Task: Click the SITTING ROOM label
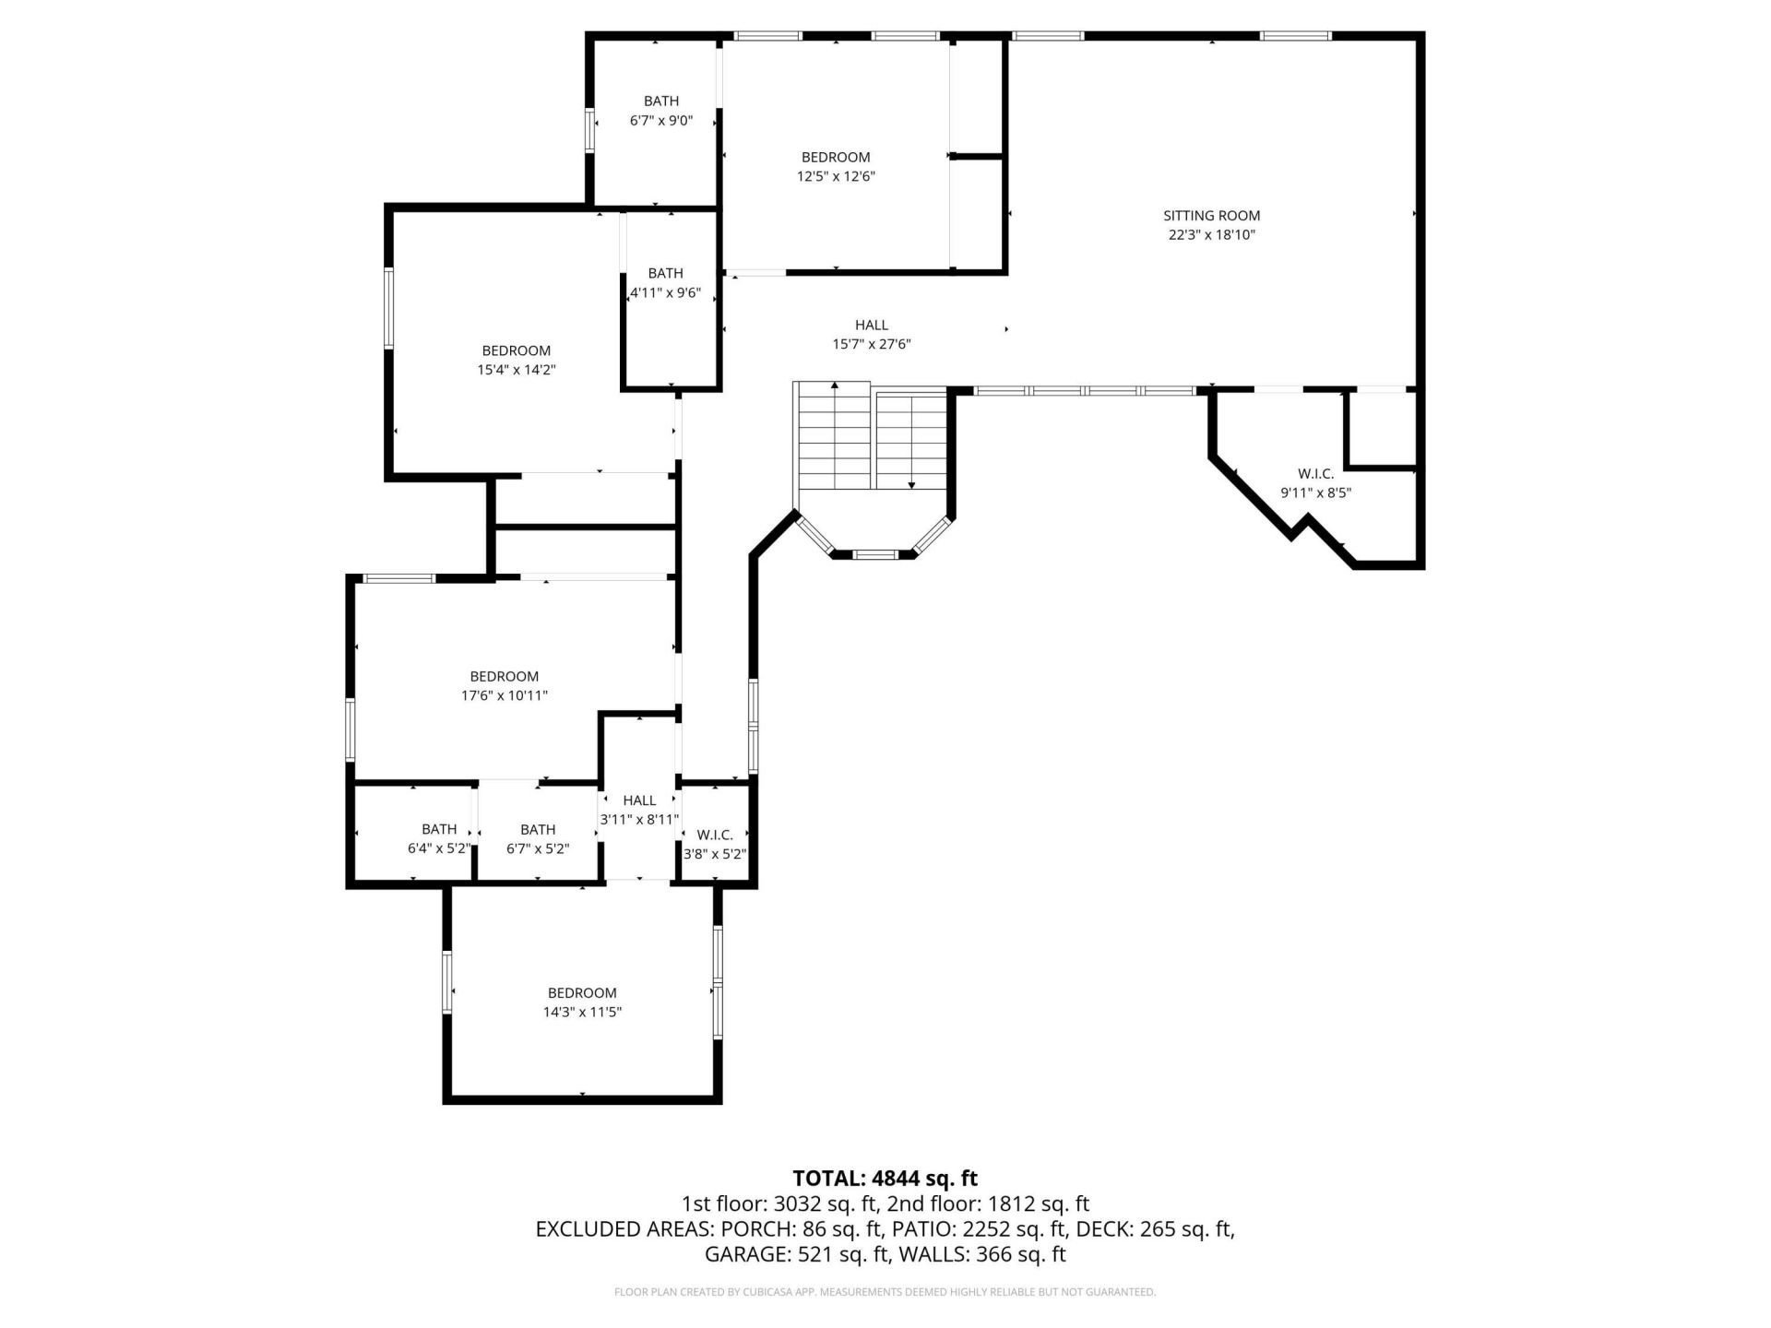(x=1211, y=216)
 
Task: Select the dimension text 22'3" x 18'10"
(x=1211, y=235)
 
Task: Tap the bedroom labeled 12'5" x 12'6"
(x=836, y=167)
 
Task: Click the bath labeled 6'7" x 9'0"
(x=660, y=111)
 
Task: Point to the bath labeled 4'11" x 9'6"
(x=665, y=283)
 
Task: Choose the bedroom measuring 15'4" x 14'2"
(x=516, y=360)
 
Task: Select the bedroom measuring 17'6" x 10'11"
(x=504, y=686)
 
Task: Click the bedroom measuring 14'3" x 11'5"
(x=581, y=1002)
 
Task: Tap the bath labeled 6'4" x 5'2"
(x=439, y=838)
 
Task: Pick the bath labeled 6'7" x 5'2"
(x=538, y=838)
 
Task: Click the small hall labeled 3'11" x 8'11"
(x=639, y=810)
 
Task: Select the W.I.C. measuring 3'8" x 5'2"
(x=715, y=845)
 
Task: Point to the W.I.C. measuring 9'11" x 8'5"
(x=1315, y=483)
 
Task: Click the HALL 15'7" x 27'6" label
(x=871, y=335)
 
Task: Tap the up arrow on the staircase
(x=835, y=385)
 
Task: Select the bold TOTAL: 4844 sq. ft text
(x=885, y=1178)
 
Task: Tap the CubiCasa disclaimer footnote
(x=885, y=1292)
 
